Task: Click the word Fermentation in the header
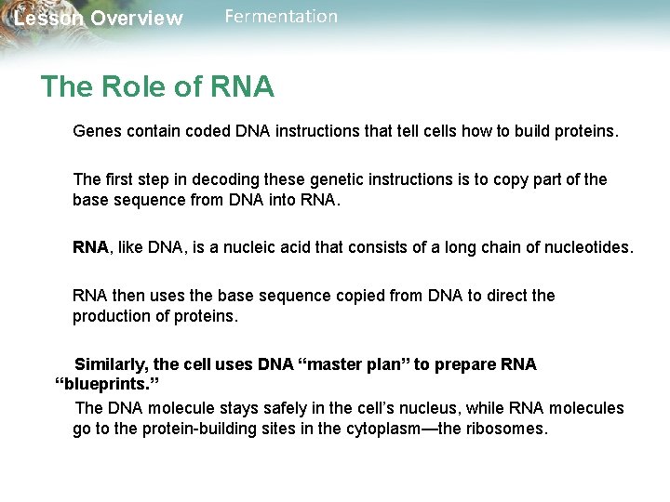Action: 281,17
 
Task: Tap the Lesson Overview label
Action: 99,19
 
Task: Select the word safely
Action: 279,408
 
